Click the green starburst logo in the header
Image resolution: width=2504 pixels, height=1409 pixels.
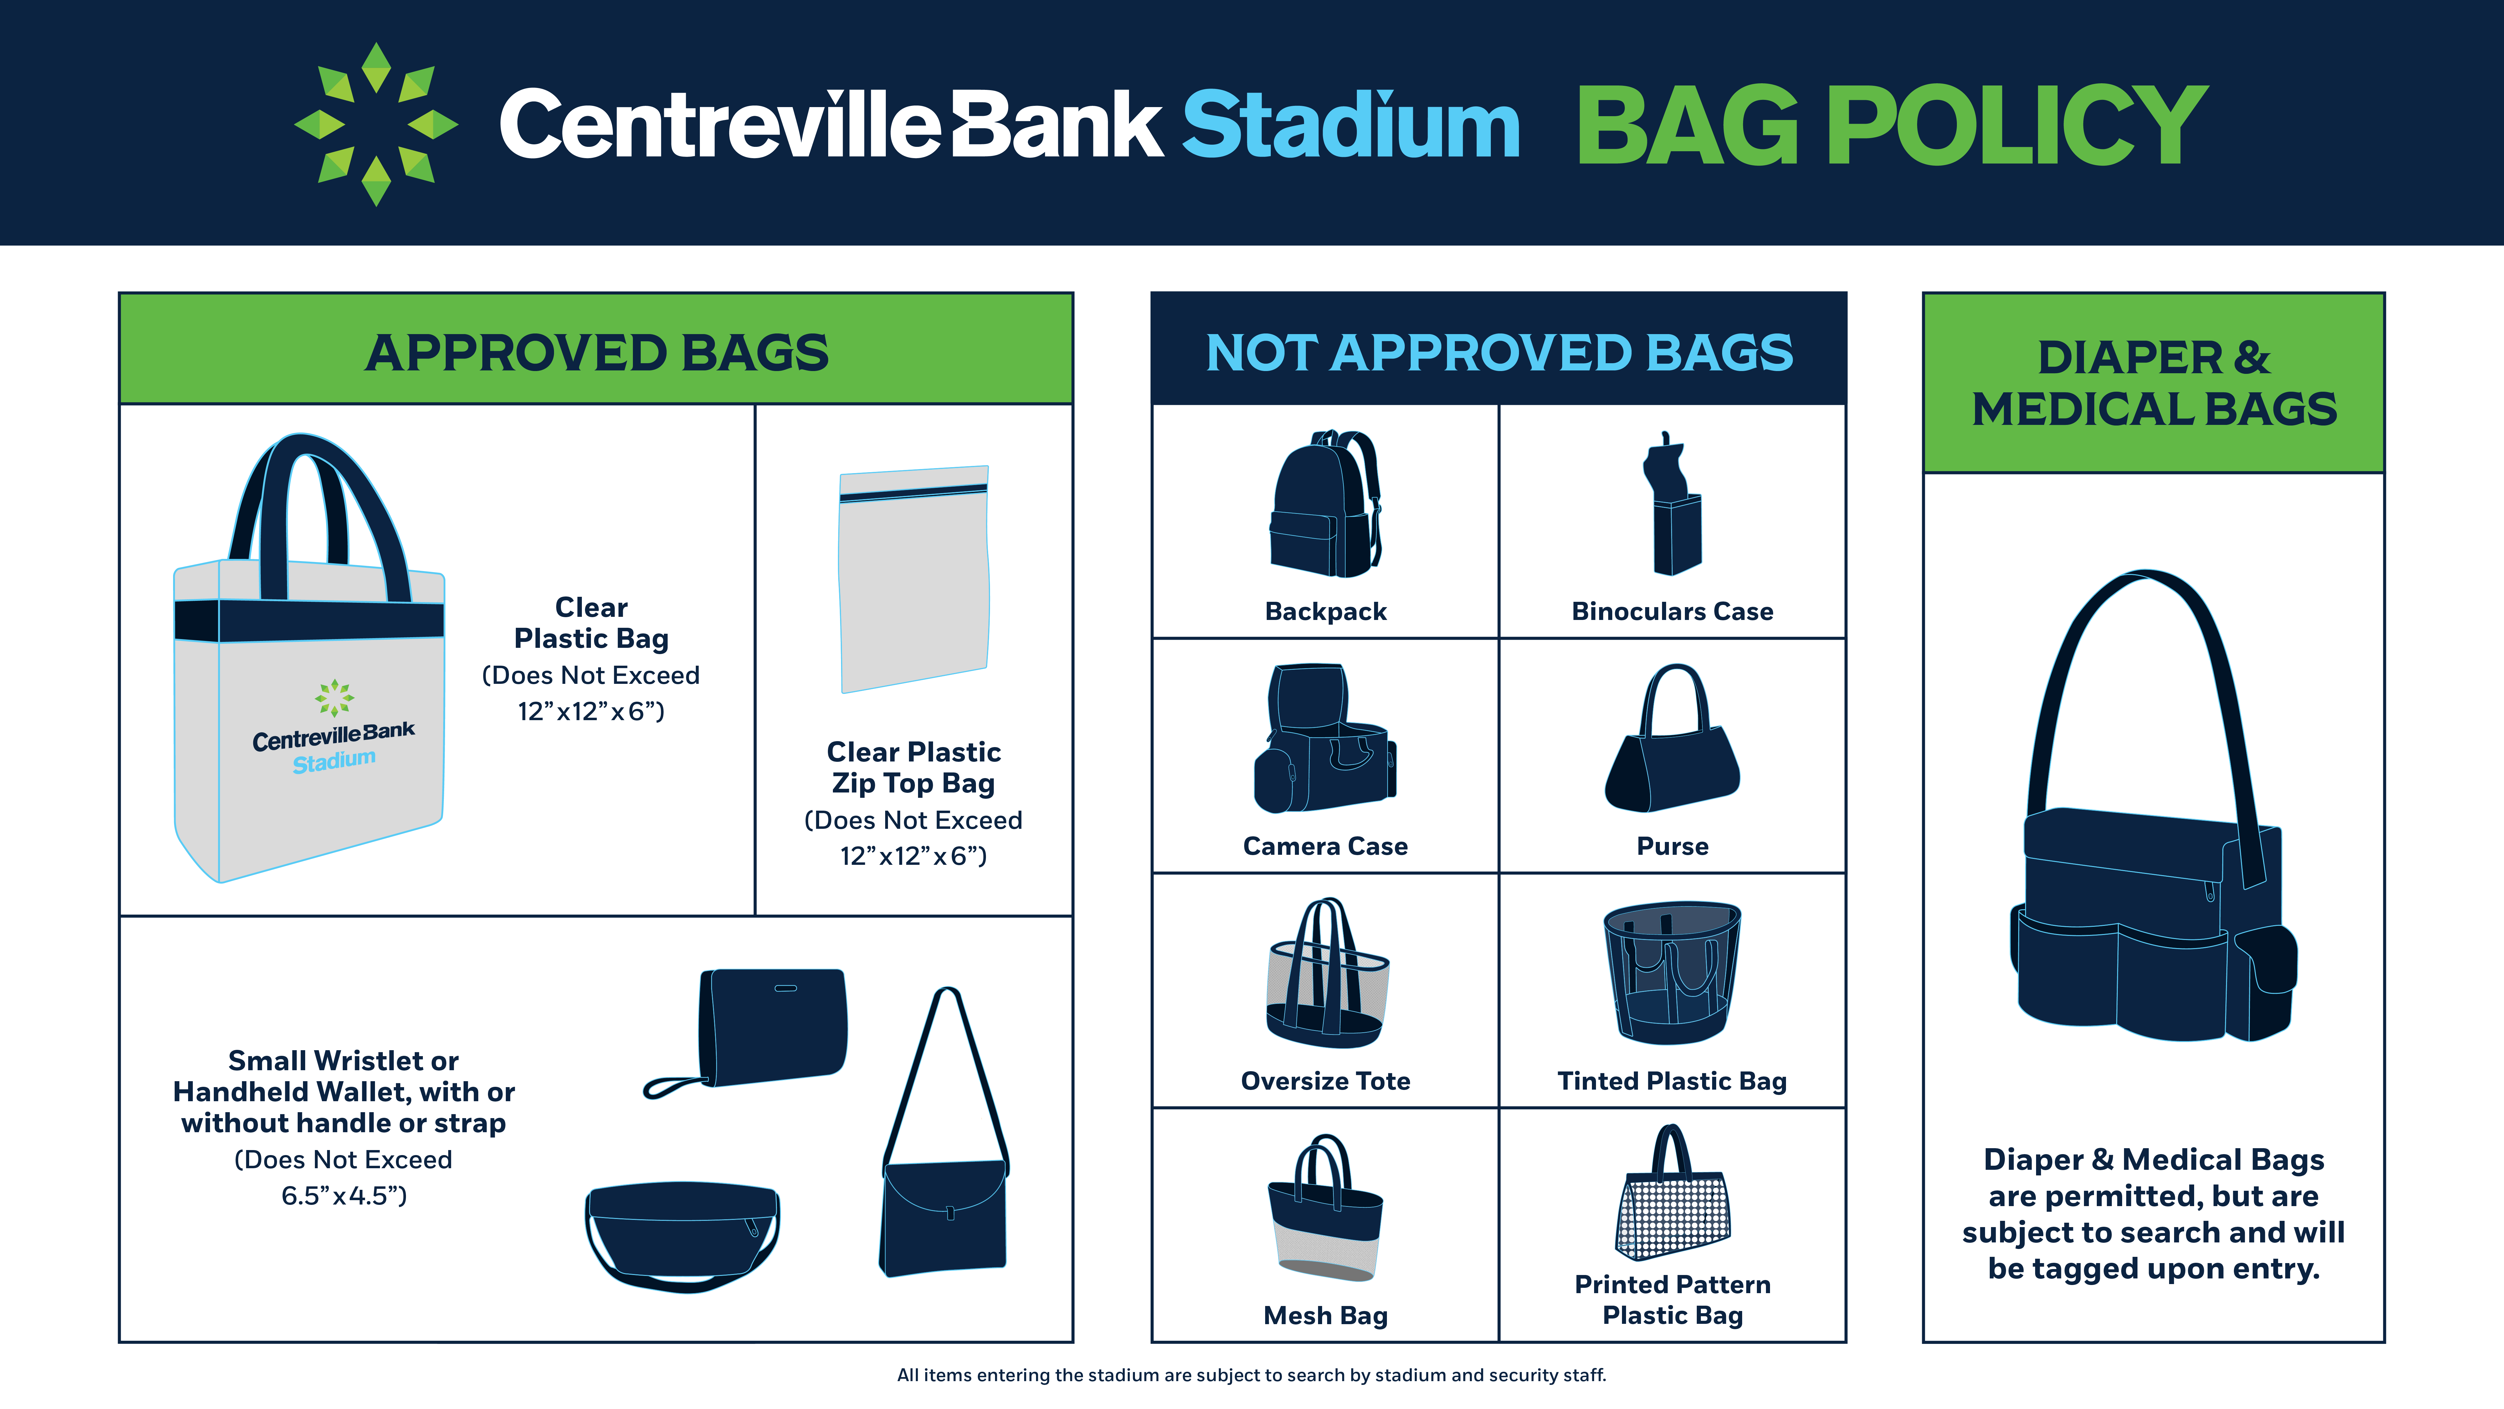[x=376, y=125]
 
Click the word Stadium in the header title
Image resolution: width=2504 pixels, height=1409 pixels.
[x=1351, y=125]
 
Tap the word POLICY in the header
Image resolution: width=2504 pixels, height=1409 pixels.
[x=2018, y=125]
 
